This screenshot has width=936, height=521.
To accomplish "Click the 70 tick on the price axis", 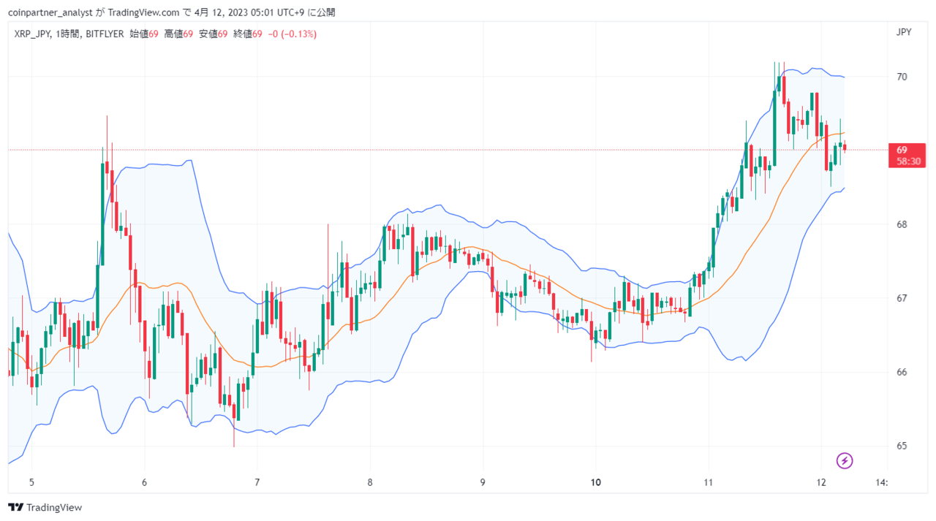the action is click(x=902, y=77).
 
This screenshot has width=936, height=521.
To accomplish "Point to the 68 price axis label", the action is click(x=902, y=224).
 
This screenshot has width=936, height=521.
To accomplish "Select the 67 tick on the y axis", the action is click(x=902, y=298).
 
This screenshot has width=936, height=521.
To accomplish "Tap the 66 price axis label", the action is click(x=902, y=372).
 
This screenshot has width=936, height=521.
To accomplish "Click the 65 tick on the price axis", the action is click(x=902, y=446).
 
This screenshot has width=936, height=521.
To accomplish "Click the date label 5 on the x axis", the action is click(x=31, y=482).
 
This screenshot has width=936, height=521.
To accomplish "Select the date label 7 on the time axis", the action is click(x=257, y=482).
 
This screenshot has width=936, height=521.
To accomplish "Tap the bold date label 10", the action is click(x=595, y=482).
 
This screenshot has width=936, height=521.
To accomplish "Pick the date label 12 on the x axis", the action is click(x=821, y=482).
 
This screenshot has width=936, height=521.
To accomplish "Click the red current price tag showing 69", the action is click(x=907, y=156).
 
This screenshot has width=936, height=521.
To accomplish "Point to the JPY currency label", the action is click(x=904, y=32).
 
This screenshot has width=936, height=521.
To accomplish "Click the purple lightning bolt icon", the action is click(x=845, y=461).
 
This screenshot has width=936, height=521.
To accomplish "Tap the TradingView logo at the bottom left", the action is click(x=45, y=507).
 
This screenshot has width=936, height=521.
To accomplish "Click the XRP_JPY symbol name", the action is click(x=32, y=34).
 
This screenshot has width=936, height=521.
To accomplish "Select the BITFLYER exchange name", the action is click(x=105, y=34).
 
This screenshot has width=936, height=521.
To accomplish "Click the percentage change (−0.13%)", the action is click(x=298, y=34).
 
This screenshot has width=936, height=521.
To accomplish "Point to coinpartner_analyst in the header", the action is click(x=50, y=12).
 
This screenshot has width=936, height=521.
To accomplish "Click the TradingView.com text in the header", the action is click(x=143, y=12).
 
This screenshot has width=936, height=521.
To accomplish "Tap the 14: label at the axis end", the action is click(x=881, y=482).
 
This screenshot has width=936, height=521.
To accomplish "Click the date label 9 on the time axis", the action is click(x=483, y=482).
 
